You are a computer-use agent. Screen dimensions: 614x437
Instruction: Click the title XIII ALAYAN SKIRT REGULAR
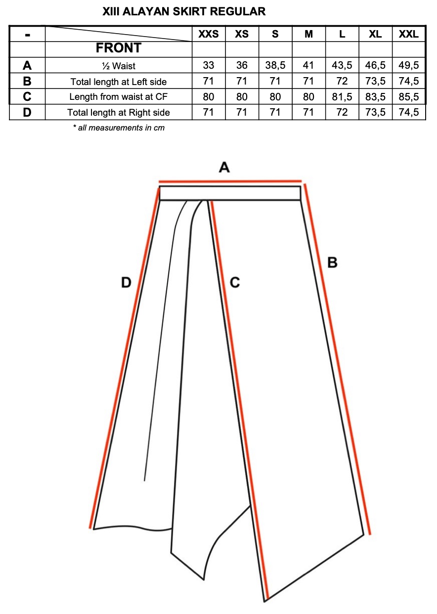[184, 11]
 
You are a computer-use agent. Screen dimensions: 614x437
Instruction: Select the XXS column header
[209, 34]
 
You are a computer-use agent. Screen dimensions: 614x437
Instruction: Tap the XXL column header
[409, 34]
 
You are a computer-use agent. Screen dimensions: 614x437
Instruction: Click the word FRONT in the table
[119, 48]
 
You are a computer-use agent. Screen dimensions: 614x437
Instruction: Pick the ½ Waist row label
[119, 66]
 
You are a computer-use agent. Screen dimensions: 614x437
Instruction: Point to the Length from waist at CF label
[119, 97]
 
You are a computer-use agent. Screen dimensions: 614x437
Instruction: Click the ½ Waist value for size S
[275, 66]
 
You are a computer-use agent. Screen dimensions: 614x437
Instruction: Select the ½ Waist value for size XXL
[409, 66]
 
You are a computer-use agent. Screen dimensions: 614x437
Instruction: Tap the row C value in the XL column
[375, 97]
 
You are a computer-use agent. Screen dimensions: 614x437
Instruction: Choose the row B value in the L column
[342, 82]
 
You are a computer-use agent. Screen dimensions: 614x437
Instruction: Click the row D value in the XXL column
[409, 113]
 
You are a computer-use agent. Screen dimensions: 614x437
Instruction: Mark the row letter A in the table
[27, 66]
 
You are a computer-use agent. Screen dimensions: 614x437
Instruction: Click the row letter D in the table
[27, 113]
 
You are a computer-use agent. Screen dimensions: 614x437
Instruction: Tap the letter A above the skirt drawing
[224, 168]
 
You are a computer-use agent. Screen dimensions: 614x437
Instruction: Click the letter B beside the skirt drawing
[333, 263]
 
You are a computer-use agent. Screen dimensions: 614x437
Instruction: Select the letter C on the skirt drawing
[235, 283]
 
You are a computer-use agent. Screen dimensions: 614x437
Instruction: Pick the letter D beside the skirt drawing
[127, 283]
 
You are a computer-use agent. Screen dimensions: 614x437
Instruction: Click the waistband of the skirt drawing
[230, 193]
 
